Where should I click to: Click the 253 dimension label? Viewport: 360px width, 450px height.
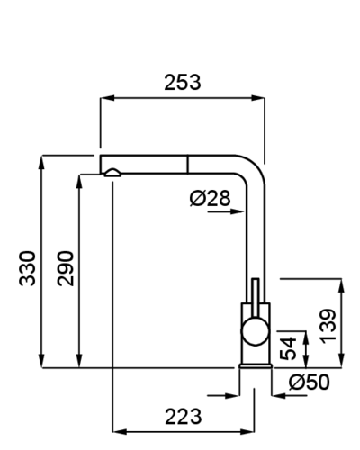pyautogui.click(x=183, y=83)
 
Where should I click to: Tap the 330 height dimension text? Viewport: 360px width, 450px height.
pyautogui.click(x=27, y=268)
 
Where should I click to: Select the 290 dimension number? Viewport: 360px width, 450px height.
pyautogui.click(x=66, y=268)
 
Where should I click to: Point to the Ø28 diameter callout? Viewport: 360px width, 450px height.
pyautogui.click(x=210, y=198)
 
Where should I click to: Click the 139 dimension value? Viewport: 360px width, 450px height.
pyautogui.click(x=328, y=326)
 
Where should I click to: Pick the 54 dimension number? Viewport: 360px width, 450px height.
pyautogui.click(x=288, y=348)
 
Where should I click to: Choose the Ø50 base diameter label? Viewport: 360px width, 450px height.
pyautogui.click(x=309, y=382)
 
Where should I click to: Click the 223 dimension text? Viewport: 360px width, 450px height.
pyautogui.click(x=183, y=417)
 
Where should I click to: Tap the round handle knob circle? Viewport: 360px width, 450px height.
pyautogui.click(x=255, y=331)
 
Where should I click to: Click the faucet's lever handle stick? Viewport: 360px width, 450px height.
pyautogui.click(x=256, y=298)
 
